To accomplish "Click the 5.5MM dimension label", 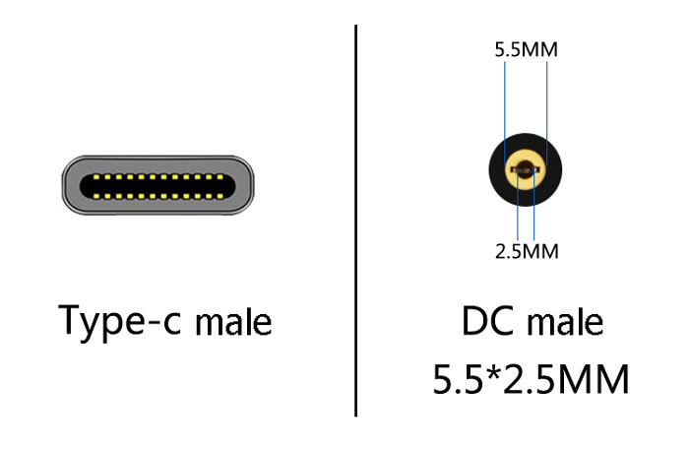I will pos(526,48).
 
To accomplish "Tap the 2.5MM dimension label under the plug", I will pos(526,251).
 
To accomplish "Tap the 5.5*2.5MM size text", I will pos(531,379).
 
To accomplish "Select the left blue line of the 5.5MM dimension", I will pos(505,98).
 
